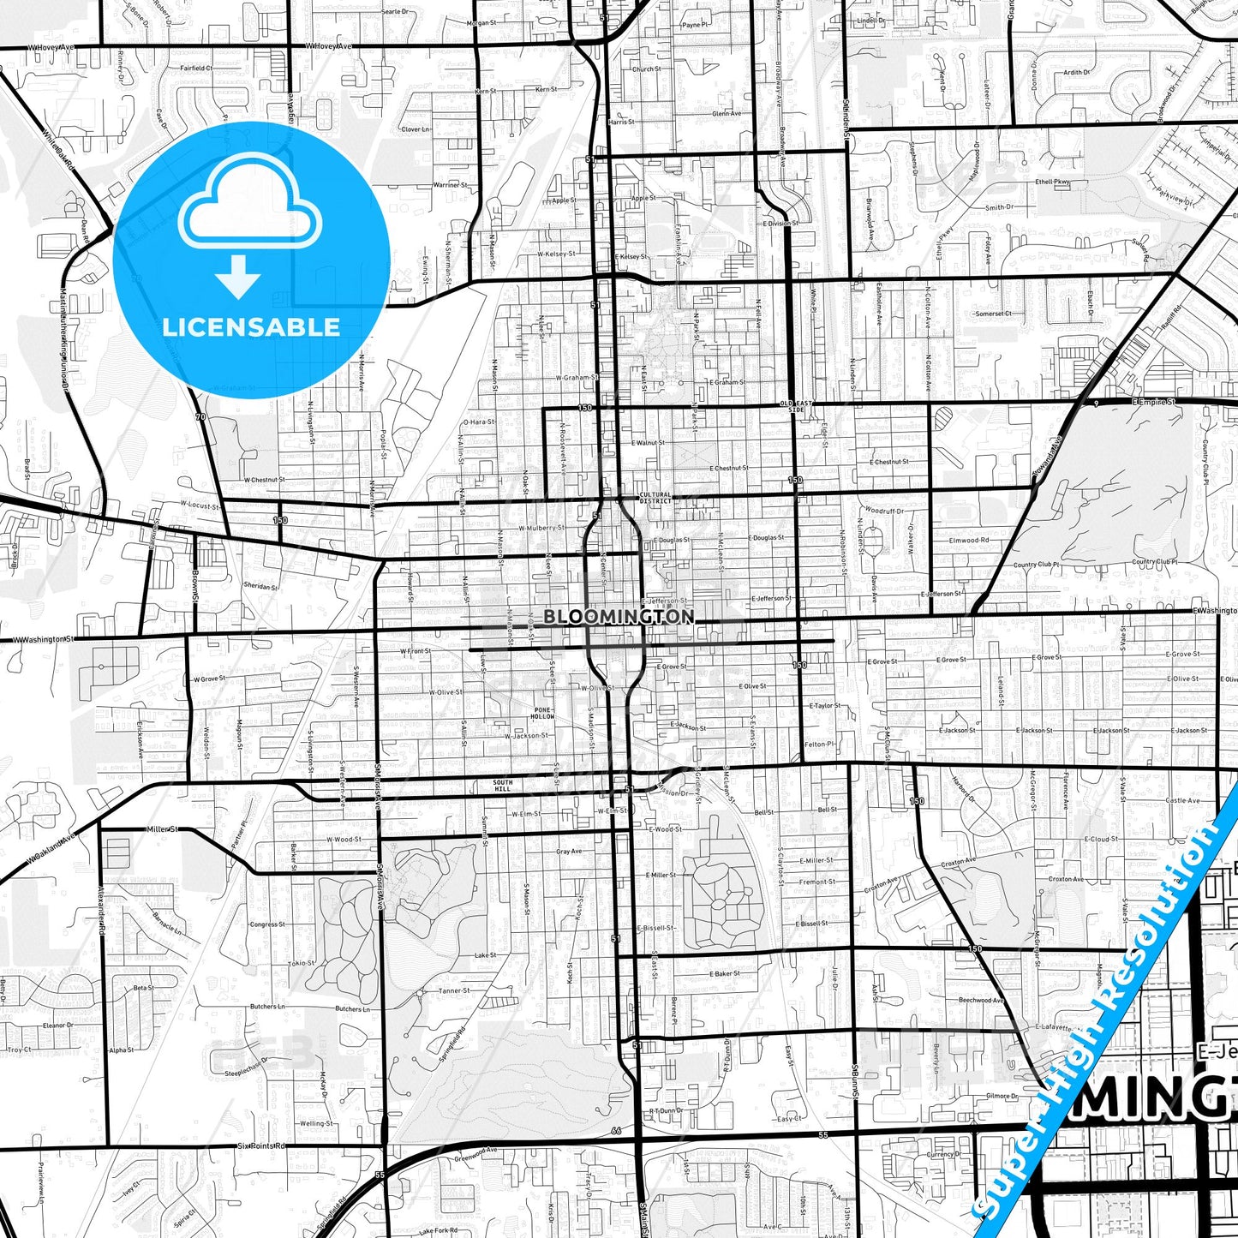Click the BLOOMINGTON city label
(619, 617)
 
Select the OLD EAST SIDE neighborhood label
(796, 406)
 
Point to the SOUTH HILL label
(503, 786)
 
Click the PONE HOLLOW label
(542, 713)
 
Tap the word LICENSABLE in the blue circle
(251, 326)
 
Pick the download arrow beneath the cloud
(238, 276)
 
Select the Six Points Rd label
(261, 1145)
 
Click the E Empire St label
(1153, 401)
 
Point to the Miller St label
(161, 829)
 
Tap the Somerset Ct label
(993, 314)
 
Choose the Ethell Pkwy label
(1053, 182)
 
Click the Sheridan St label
(261, 587)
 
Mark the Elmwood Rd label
(969, 541)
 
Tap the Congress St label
(267, 924)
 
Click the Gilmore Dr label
(1002, 1096)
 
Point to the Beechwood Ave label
(981, 1000)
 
